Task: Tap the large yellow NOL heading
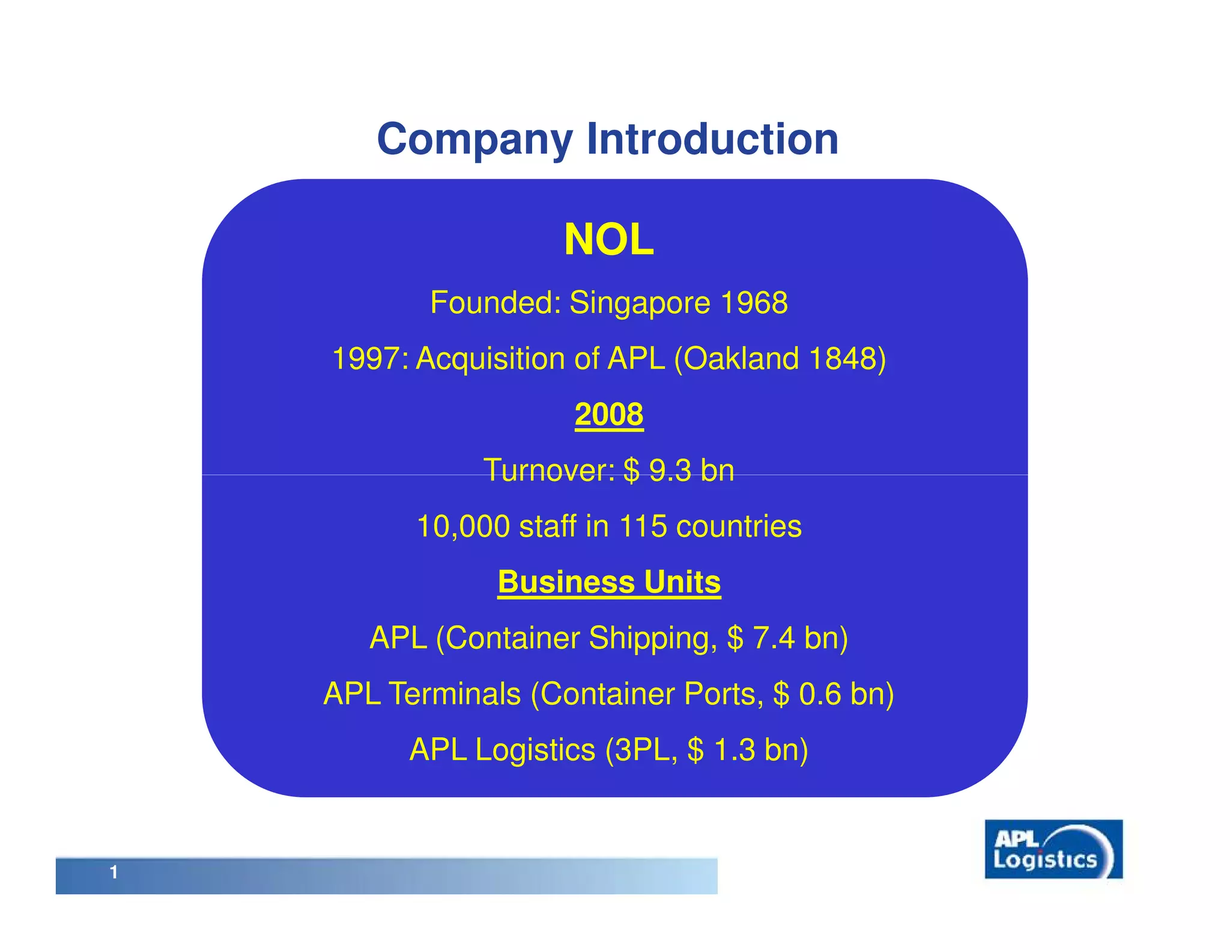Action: [x=608, y=240]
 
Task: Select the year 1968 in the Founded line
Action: [x=754, y=303]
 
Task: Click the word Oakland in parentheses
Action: [x=741, y=359]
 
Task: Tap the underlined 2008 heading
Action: [x=608, y=414]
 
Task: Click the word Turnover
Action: [x=548, y=470]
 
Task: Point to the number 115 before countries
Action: [x=643, y=527]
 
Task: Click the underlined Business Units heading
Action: [x=608, y=582]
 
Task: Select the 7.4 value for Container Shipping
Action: [x=774, y=638]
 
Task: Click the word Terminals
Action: [x=455, y=694]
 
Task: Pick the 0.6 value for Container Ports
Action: [x=820, y=694]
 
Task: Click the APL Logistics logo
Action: [x=1053, y=849]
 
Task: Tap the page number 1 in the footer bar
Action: [x=114, y=873]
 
